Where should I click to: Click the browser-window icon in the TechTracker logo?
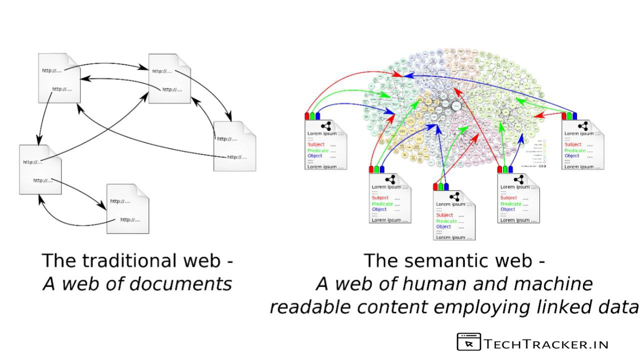468,342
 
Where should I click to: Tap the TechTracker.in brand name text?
546,344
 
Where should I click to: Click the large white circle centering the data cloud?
456,105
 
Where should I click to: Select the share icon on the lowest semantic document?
454,196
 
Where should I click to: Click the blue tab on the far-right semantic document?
575,116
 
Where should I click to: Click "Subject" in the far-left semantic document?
316,144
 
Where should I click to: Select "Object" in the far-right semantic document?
571,156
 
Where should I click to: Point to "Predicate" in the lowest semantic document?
446,221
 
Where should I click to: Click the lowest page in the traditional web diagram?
127,208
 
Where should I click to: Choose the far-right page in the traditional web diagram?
234,146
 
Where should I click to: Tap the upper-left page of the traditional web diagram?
59,78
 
